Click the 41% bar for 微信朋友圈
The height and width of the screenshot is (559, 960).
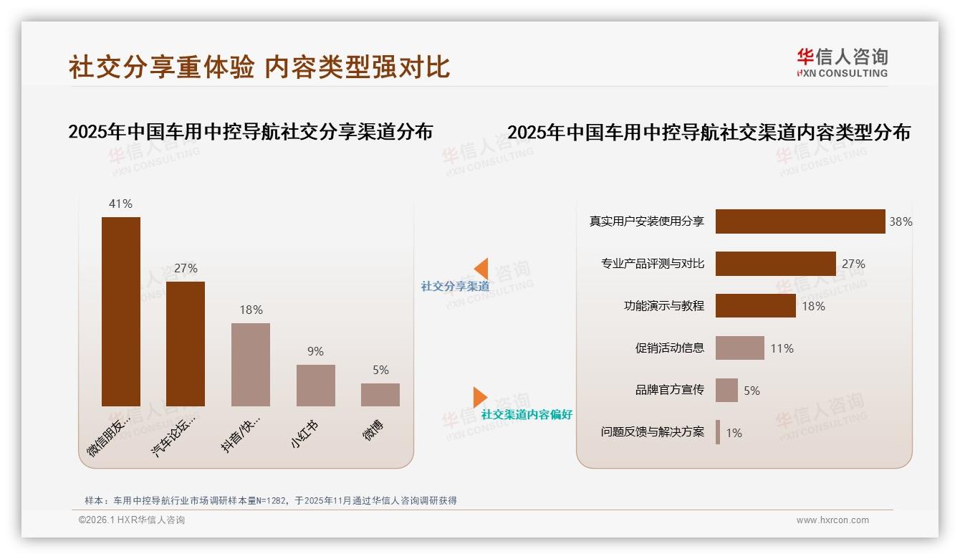pyautogui.click(x=121, y=311)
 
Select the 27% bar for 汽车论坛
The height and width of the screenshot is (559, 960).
pyautogui.click(x=186, y=343)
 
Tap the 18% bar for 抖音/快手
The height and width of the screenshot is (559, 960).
pyautogui.click(x=251, y=364)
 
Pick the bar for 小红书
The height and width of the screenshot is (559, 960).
pyautogui.click(x=316, y=385)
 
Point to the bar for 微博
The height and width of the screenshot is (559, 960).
pyautogui.click(x=380, y=394)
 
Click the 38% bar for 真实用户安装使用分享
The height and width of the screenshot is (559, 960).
pyautogui.click(x=800, y=221)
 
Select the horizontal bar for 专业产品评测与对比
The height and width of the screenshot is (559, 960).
pyautogui.click(x=775, y=264)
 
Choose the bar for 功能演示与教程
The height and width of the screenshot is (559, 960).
pyautogui.click(x=755, y=306)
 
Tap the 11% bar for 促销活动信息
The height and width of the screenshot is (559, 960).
pyautogui.click(x=739, y=348)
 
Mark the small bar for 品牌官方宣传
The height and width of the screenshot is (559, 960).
pyautogui.click(x=726, y=391)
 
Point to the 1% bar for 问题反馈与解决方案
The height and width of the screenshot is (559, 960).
pyautogui.click(x=718, y=432)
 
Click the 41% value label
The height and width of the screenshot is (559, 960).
pyautogui.click(x=121, y=204)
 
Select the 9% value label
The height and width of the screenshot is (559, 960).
pyautogui.click(x=316, y=351)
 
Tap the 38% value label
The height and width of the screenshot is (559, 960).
pyautogui.click(x=901, y=221)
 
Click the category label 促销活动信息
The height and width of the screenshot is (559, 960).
pyautogui.click(x=669, y=348)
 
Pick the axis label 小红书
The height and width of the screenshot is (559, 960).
pyautogui.click(x=304, y=434)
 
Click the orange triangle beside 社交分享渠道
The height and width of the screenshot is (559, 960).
pyautogui.click(x=481, y=269)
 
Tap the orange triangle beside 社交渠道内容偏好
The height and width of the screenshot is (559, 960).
pyautogui.click(x=479, y=396)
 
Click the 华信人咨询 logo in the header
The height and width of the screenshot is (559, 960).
pyautogui.click(x=842, y=62)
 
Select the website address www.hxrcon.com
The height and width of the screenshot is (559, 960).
pyautogui.click(x=832, y=520)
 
